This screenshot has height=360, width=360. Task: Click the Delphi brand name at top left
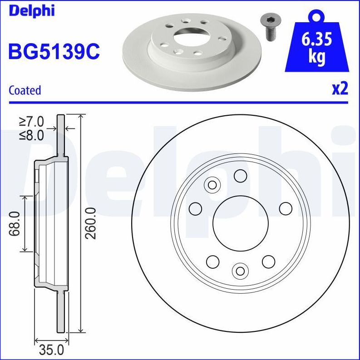(x=31, y=10)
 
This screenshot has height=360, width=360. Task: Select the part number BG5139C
(x=54, y=51)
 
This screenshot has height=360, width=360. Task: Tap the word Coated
(x=25, y=90)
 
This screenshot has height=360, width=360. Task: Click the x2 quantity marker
(x=340, y=89)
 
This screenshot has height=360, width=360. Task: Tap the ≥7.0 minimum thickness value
(x=31, y=122)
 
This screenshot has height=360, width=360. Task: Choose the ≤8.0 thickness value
(x=31, y=135)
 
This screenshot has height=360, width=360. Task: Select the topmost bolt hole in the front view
(x=240, y=175)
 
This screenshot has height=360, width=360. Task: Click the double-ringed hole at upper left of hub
(x=212, y=184)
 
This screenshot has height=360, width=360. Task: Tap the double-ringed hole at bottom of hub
(x=240, y=271)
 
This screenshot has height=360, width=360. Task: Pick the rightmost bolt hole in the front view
(x=285, y=208)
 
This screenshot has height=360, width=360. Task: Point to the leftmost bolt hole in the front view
(x=195, y=208)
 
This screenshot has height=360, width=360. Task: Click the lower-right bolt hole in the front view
(x=268, y=261)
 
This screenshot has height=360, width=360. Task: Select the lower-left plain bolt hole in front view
(x=212, y=261)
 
